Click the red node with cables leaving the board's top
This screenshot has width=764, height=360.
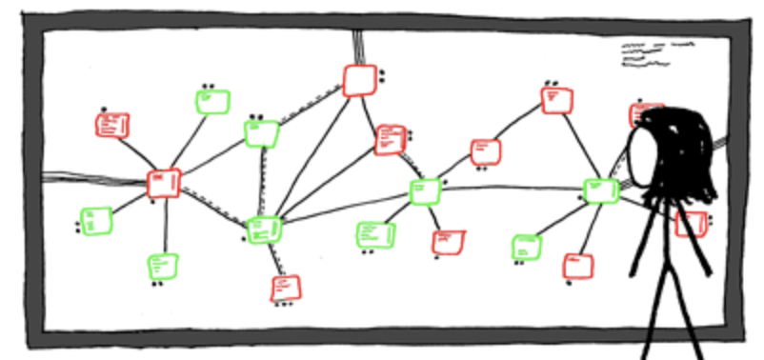coord(359,80)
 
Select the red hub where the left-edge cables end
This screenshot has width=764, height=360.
coord(164,183)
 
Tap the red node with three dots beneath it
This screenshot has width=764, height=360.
coord(284,287)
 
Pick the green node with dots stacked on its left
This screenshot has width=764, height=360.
coord(96,221)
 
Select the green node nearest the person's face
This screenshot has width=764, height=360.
coord(600,190)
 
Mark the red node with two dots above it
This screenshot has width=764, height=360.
coord(557,99)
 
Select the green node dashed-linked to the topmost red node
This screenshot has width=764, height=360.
coord(261,133)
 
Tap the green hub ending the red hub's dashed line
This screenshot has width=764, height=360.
coord(263,230)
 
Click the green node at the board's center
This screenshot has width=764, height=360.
coord(425,191)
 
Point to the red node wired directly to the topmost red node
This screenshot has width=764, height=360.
coord(390,139)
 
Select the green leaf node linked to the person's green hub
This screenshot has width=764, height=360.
coord(526,248)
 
